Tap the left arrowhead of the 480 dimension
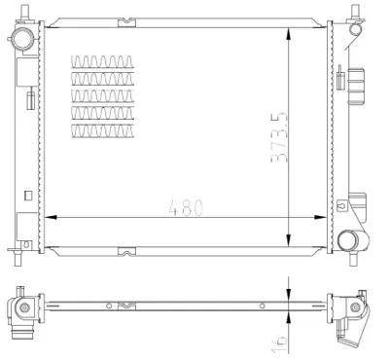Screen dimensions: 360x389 51,215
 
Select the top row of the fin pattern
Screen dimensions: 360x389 101,64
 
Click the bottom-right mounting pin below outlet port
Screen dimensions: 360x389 351,261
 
